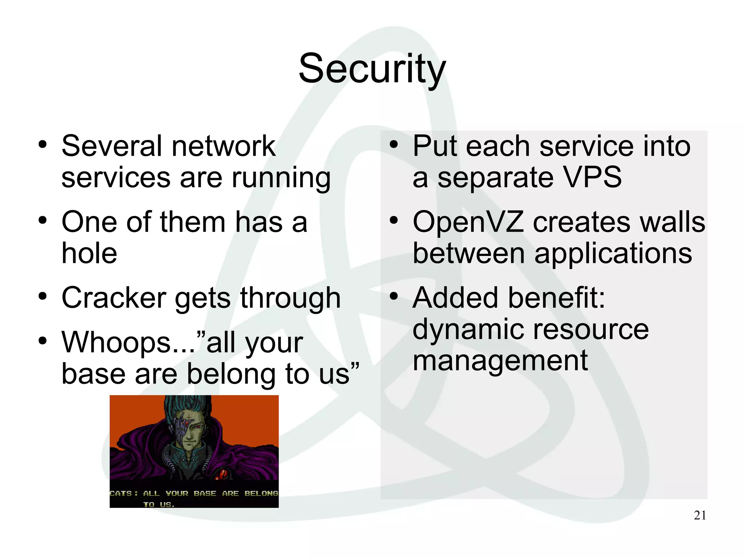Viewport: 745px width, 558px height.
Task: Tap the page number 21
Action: tap(700, 515)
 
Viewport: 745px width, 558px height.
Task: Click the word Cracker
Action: tap(114, 298)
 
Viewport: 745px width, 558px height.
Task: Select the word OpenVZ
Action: tap(468, 222)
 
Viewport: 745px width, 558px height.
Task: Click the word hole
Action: tap(89, 253)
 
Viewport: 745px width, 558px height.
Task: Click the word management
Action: tap(500, 361)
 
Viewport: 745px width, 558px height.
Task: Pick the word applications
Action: tap(613, 254)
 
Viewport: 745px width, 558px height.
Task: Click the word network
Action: tap(223, 146)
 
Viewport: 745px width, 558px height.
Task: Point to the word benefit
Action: tap(556, 298)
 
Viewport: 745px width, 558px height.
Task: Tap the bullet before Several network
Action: tap(43, 145)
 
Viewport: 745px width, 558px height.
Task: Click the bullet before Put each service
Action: tap(394, 145)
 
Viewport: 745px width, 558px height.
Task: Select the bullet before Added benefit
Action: tap(394, 297)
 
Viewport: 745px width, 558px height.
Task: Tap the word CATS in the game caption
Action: tap(121, 493)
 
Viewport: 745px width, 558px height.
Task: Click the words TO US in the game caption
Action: tap(159, 504)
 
